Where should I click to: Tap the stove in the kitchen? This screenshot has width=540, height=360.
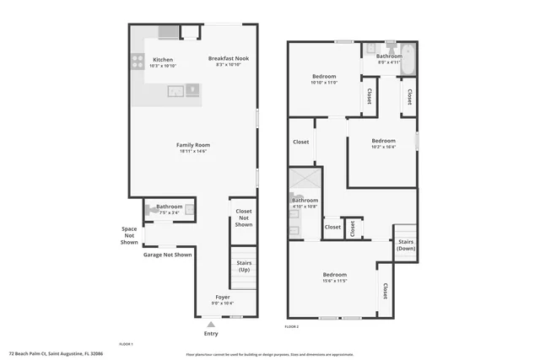[136, 61]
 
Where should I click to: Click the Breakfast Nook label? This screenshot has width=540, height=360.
[228, 58]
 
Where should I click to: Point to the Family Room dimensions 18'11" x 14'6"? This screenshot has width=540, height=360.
[192, 152]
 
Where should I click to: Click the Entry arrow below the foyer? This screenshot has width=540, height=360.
[211, 324]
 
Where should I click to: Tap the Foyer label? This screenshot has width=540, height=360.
[223, 298]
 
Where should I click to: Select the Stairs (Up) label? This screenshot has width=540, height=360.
[244, 266]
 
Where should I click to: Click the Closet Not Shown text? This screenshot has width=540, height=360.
[244, 218]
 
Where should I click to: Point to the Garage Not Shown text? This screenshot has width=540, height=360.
[167, 255]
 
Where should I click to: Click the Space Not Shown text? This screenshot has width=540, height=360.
[129, 235]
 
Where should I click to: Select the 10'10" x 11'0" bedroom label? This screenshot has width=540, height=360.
[324, 79]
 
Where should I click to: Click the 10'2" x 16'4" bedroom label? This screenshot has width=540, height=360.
[383, 143]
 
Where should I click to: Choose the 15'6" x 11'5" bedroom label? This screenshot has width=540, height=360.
[334, 277]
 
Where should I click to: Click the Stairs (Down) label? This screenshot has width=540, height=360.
[406, 245]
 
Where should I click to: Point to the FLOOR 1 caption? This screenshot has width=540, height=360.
[126, 344]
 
